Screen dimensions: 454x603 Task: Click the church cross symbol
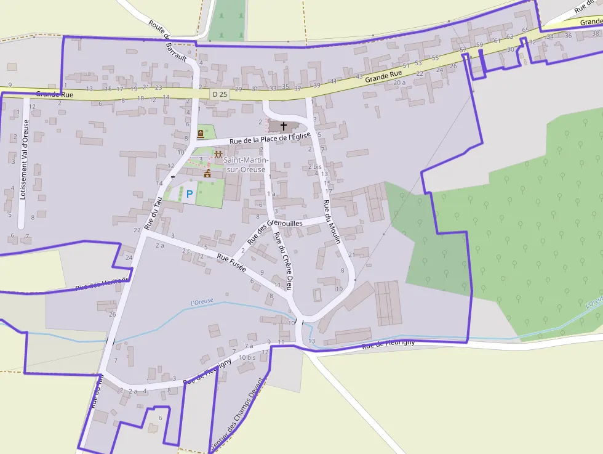pos(284,126)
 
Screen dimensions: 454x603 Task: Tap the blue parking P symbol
pos(190,194)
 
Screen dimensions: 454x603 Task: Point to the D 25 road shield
pos(219,94)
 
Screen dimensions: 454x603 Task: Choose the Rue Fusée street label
pos(231,263)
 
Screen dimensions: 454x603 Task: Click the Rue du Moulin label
pos(332,222)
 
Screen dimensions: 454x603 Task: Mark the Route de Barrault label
pos(167,40)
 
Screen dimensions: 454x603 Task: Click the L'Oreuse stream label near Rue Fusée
pos(202,302)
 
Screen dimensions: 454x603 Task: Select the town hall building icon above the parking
pos(207,174)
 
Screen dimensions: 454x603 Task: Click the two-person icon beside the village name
pos(218,154)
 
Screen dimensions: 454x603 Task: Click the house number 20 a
pos(399,82)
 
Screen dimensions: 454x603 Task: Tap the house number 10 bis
pos(247,357)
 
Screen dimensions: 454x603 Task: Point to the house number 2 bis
pos(314,167)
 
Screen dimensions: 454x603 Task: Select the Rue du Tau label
pos(153,213)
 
